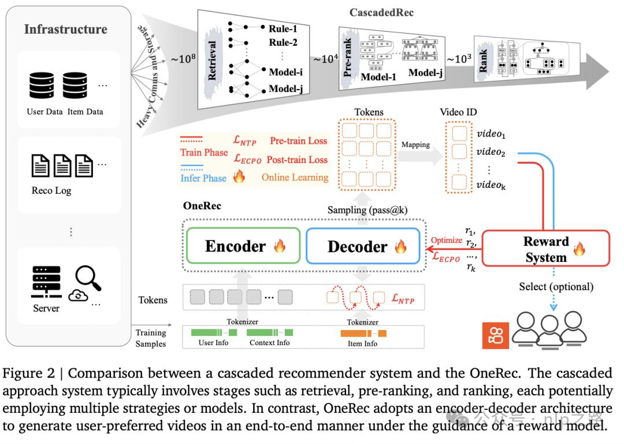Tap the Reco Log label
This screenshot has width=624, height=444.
(52, 191)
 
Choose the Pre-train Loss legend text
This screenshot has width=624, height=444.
(298, 140)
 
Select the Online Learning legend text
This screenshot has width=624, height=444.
(294, 177)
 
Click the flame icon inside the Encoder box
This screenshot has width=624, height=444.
(280, 247)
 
